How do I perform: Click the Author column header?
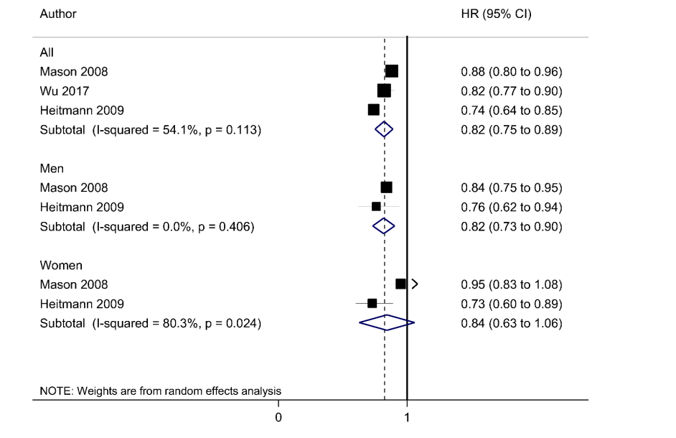(58, 14)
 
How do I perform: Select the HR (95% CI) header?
(496, 14)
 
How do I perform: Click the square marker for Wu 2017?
(384, 90)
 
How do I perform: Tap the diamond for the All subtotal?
(384, 129)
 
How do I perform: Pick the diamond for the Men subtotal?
(384, 226)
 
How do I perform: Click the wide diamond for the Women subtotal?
(387, 323)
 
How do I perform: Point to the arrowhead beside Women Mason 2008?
(415, 284)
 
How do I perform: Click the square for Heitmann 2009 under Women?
(372, 303)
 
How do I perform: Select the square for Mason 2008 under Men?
(386, 187)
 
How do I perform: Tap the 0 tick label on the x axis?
(278, 417)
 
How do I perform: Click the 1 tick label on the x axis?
(407, 417)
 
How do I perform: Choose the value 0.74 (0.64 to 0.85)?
(512, 111)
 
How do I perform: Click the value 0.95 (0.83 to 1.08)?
(512, 285)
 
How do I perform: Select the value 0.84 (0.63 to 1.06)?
(512, 324)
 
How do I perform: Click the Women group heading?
(61, 265)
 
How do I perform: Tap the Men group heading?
(52, 168)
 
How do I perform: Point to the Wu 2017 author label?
(65, 91)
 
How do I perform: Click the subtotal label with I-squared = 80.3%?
(151, 324)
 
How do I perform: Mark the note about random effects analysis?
(160, 391)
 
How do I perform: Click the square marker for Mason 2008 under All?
(391, 71)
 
